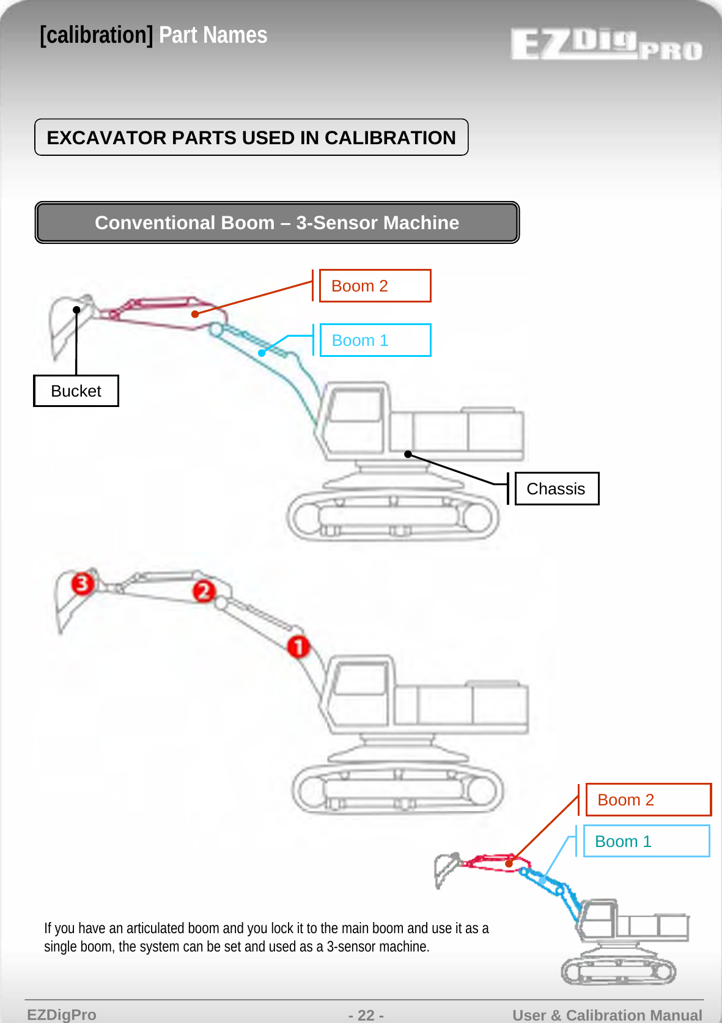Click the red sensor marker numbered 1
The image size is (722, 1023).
click(x=298, y=646)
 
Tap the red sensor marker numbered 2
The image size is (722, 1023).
click(x=204, y=591)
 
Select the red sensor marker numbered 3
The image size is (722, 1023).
click(x=83, y=583)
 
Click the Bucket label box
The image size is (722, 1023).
click(x=76, y=391)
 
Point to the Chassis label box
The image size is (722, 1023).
click(x=556, y=489)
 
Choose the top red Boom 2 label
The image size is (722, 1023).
click(x=375, y=286)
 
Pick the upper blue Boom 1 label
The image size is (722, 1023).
click(x=375, y=340)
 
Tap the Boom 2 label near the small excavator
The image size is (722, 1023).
click(x=648, y=800)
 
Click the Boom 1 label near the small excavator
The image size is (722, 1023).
click(x=646, y=842)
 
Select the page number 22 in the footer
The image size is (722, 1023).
click(x=366, y=1015)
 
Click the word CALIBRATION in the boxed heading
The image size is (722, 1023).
click(x=390, y=138)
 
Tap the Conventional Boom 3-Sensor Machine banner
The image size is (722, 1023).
click(x=277, y=222)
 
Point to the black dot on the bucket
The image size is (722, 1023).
click(x=76, y=310)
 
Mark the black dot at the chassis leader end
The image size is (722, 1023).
click(x=408, y=454)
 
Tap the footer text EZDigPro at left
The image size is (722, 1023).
click(x=62, y=1015)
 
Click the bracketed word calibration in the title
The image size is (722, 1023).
click(x=97, y=35)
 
